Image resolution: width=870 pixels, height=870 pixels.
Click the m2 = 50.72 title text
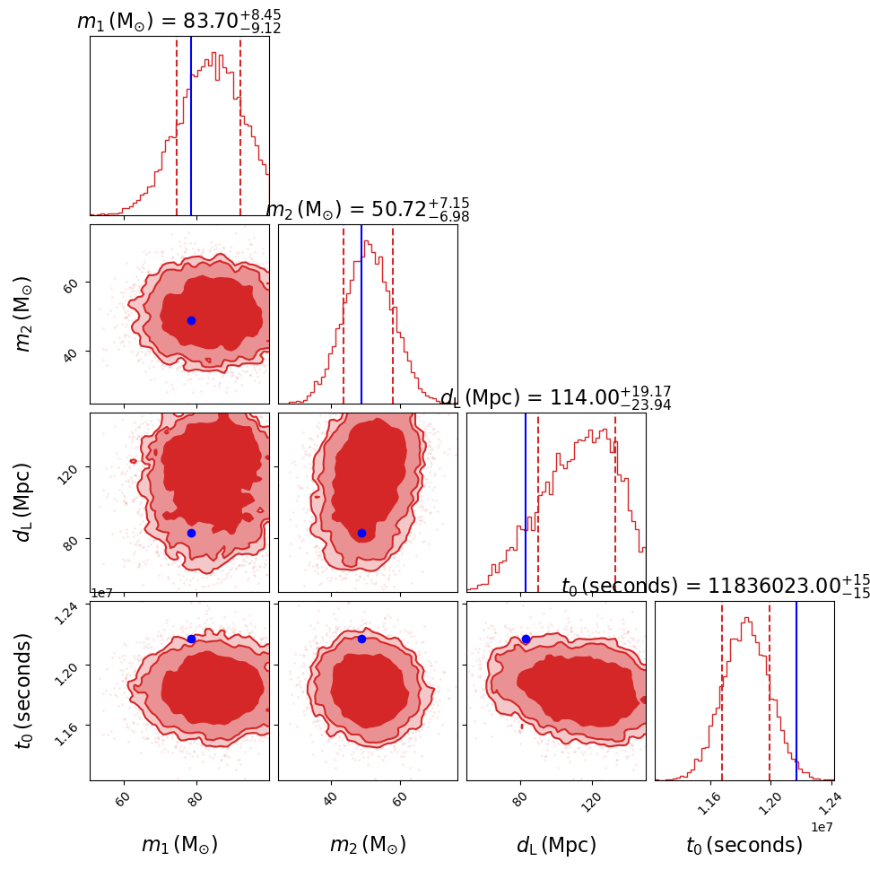pos(368,210)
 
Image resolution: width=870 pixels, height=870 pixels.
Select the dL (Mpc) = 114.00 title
pos(556,397)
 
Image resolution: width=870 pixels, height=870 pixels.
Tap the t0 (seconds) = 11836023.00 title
pos(716,587)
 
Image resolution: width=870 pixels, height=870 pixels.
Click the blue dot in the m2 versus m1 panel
pos(191,320)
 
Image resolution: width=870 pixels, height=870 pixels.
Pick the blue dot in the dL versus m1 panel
pos(191,533)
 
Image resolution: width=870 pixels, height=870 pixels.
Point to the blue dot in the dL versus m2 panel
pos(361,533)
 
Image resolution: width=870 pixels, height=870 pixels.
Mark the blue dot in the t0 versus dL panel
pos(526,639)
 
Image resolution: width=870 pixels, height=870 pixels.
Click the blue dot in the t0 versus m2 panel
pos(361,639)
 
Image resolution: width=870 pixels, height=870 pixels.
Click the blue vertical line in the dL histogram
pos(526,502)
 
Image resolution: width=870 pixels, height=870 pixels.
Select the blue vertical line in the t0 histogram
pos(796,691)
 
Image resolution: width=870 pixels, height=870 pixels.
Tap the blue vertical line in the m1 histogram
pos(191,126)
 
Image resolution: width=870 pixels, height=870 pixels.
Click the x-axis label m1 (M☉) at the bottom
pos(179,845)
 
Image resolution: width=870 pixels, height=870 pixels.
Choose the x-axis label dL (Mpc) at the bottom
pos(556,845)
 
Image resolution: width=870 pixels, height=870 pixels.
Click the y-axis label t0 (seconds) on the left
pos(24,691)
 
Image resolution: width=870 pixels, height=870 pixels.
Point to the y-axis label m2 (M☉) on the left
pos(24,313)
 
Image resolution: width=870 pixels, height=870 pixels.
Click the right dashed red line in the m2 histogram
pos(393,314)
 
